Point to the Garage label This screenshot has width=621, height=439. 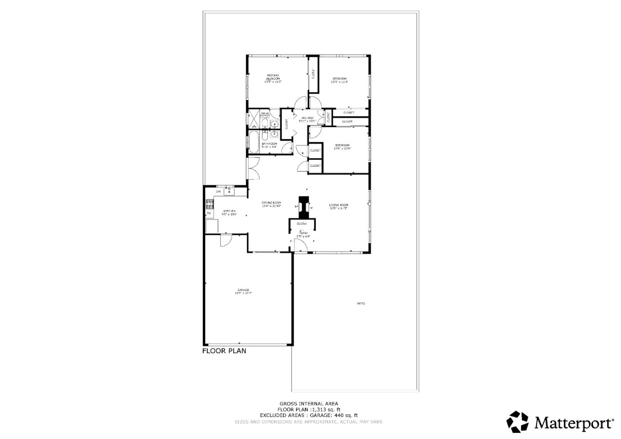[x=243, y=291]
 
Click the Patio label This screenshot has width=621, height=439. [x=361, y=304]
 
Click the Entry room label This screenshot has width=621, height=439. [x=304, y=235]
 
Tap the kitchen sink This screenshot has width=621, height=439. [x=229, y=190]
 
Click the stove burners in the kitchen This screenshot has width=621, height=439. [x=210, y=204]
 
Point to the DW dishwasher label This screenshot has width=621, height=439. [x=218, y=191]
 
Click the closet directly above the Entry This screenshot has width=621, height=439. [x=301, y=224]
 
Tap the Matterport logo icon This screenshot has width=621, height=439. [x=517, y=421]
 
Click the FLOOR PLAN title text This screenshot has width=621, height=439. [x=224, y=351]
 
